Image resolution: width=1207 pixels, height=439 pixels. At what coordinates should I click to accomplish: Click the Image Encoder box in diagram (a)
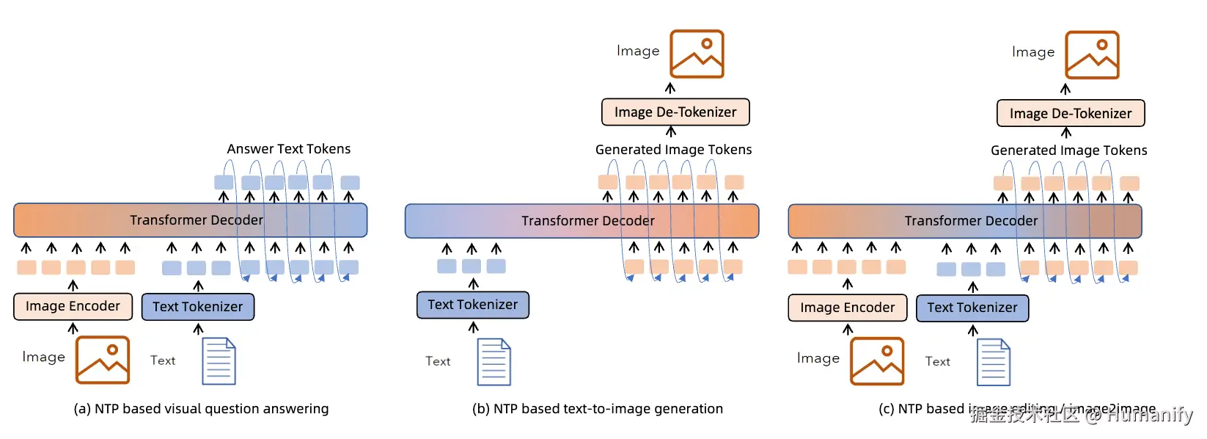click(x=73, y=306)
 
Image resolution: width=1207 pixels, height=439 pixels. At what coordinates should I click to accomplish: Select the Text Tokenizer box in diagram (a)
click(x=198, y=307)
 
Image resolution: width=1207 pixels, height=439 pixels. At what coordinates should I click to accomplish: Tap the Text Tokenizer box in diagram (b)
click(x=473, y=305)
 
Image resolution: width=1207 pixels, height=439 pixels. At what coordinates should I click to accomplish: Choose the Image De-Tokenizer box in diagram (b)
click(x=675, y=112)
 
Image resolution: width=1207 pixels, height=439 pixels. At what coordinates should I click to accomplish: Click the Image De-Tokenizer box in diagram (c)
click(x=1071, y=114)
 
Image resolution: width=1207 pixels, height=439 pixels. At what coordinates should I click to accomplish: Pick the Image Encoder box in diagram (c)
click(x=848, y=308)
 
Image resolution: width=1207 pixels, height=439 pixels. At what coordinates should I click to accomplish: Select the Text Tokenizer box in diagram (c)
click(x=972, y=308)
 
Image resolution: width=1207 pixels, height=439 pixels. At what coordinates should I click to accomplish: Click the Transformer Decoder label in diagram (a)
click(x=196, y=220)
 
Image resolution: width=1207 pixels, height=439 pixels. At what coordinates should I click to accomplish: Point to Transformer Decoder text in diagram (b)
click(x=587, y=221)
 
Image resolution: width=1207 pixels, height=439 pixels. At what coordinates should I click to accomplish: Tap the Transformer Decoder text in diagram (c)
click(x=971, y=221)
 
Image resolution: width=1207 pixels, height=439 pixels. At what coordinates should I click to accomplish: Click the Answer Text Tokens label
click(x=289, y=149)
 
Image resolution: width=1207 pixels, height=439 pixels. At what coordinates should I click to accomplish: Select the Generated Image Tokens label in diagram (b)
click(x=673, y=150)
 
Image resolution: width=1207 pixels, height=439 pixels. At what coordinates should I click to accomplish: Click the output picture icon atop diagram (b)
click(x=697, y=54)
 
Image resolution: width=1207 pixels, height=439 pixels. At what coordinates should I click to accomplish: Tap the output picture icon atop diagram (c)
click(x=1092, y=55)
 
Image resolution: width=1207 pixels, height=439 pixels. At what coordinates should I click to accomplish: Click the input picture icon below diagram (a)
click(x=103, y=360)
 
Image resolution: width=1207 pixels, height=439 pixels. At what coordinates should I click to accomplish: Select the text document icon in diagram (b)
click(x=494, y=362)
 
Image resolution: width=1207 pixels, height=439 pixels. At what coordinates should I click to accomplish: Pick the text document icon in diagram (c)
click(x=994, y=362)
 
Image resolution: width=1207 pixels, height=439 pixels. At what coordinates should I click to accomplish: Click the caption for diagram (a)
click(x=201, y=409)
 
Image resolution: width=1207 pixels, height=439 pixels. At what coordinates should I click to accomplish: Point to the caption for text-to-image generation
click(x=597, y=409)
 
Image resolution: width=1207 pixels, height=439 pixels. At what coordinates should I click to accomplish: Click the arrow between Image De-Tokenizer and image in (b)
click(x=670, y=88)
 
